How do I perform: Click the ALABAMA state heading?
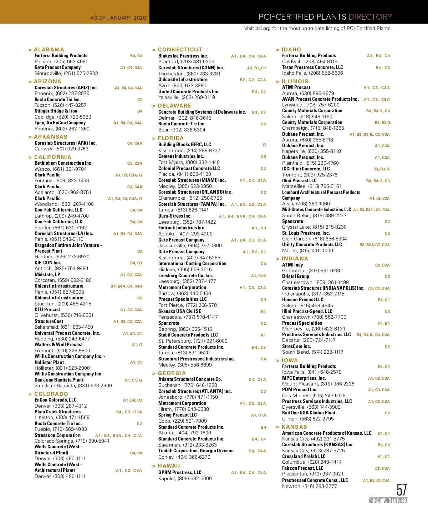pyautogui.click(x=49, y=50)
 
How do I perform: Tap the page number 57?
pyautogui.click(x=402, y=489)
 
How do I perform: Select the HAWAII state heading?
pyautogui.click(x=169, y=466)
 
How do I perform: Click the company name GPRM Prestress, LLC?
pyautogui.click(x=180, y=472)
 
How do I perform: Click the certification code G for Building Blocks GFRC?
pyautogui.click(x=264, y=145)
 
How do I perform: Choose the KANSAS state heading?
pyautogui.click(x=294, y=427)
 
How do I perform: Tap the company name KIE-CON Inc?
pyautogui.click(x=48, y=263)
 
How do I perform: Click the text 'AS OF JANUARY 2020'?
pyautogui.click(x=118, y=18)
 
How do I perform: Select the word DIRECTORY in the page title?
pyautogui.click(x=370, y=17)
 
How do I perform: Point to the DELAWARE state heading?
pyautogui.click(x=174, y=106)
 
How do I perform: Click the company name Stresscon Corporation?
pyautogui.click(x=57, y=435)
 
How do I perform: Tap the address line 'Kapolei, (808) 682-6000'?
pyautogui.click(x=185, y=478)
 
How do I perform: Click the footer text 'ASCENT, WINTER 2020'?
pyautogui.click(x=388, y=501)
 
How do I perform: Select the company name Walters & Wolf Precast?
pyautogui.click(x=58, y=344)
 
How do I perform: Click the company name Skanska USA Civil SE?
pyautogui.click(x=179, y=311)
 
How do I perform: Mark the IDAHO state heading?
pyautogui.click(x=291, y=50)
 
